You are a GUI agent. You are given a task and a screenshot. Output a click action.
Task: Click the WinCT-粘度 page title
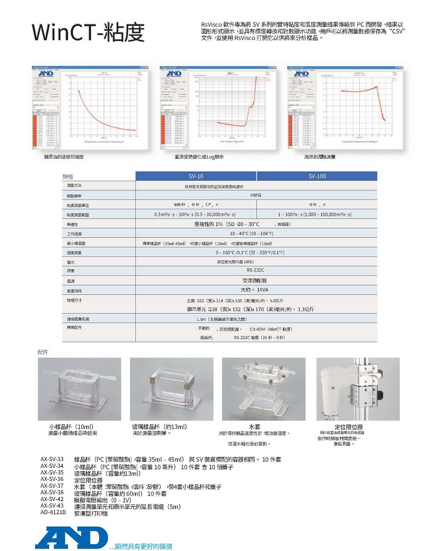click(x=88, y=32)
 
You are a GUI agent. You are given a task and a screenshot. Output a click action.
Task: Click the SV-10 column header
click(x=196, y=176)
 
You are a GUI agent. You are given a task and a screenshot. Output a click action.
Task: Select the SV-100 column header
click(x=317, y=176)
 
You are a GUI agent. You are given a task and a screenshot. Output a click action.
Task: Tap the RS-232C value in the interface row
click(x=255, y=270)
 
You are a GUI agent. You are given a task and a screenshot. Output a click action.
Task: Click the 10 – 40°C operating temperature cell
click(x=252, y=233)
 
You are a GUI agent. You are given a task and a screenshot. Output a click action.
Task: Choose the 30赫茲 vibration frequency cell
click(x=255, y=195)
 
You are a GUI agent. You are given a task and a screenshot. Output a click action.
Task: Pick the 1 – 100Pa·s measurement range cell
click(x=315, y=215)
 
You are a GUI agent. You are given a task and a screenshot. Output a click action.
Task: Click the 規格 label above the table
click(x=68, y=176)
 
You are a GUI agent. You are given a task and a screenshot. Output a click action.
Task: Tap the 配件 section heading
click(x=43, y=352)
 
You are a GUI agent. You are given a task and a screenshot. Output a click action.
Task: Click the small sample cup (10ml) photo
click(x=79, y=389)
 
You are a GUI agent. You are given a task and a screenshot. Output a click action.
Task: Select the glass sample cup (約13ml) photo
click(x=172, y=389)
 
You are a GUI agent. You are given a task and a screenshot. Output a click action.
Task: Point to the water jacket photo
click(x=264, y=389)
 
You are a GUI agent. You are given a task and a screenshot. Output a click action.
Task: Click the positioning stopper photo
click(x=358, y=389)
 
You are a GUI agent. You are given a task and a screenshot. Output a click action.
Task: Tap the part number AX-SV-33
click(x=52, y=459)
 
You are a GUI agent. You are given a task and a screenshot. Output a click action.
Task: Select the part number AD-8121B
click(x=53, y=512)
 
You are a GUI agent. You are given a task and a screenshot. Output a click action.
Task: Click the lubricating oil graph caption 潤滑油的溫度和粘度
click(x=64, y=157)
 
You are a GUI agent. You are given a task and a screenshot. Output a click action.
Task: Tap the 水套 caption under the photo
click(x=255, y=426)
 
